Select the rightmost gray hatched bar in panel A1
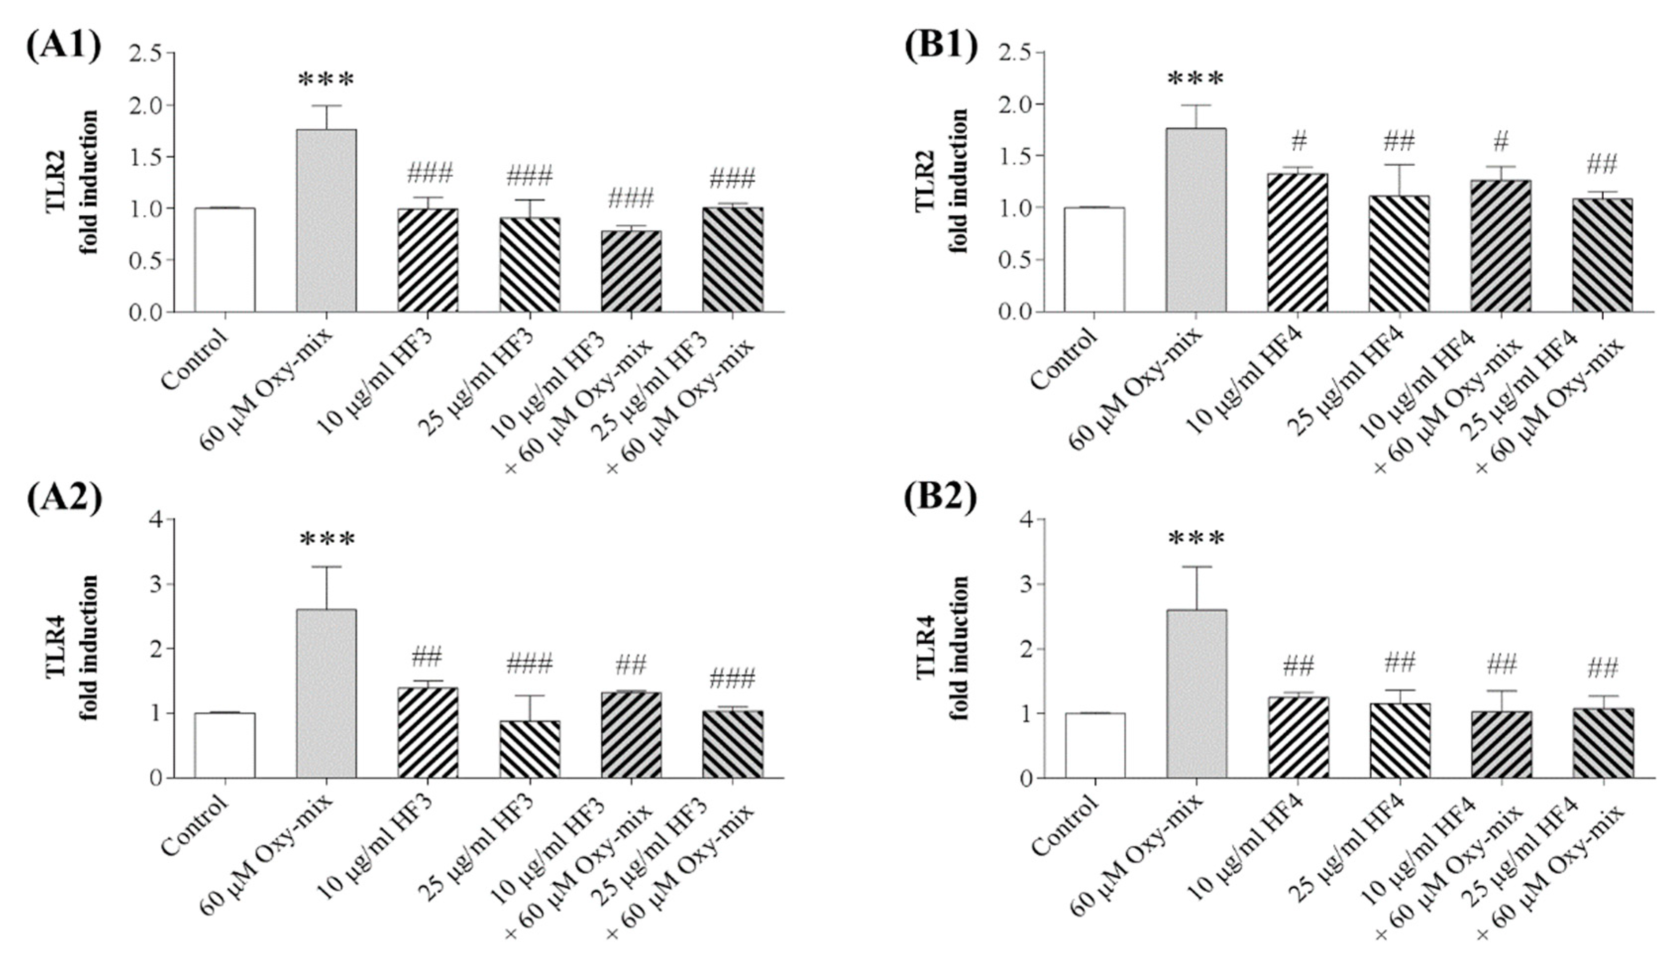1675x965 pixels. (x=733, y=259)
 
